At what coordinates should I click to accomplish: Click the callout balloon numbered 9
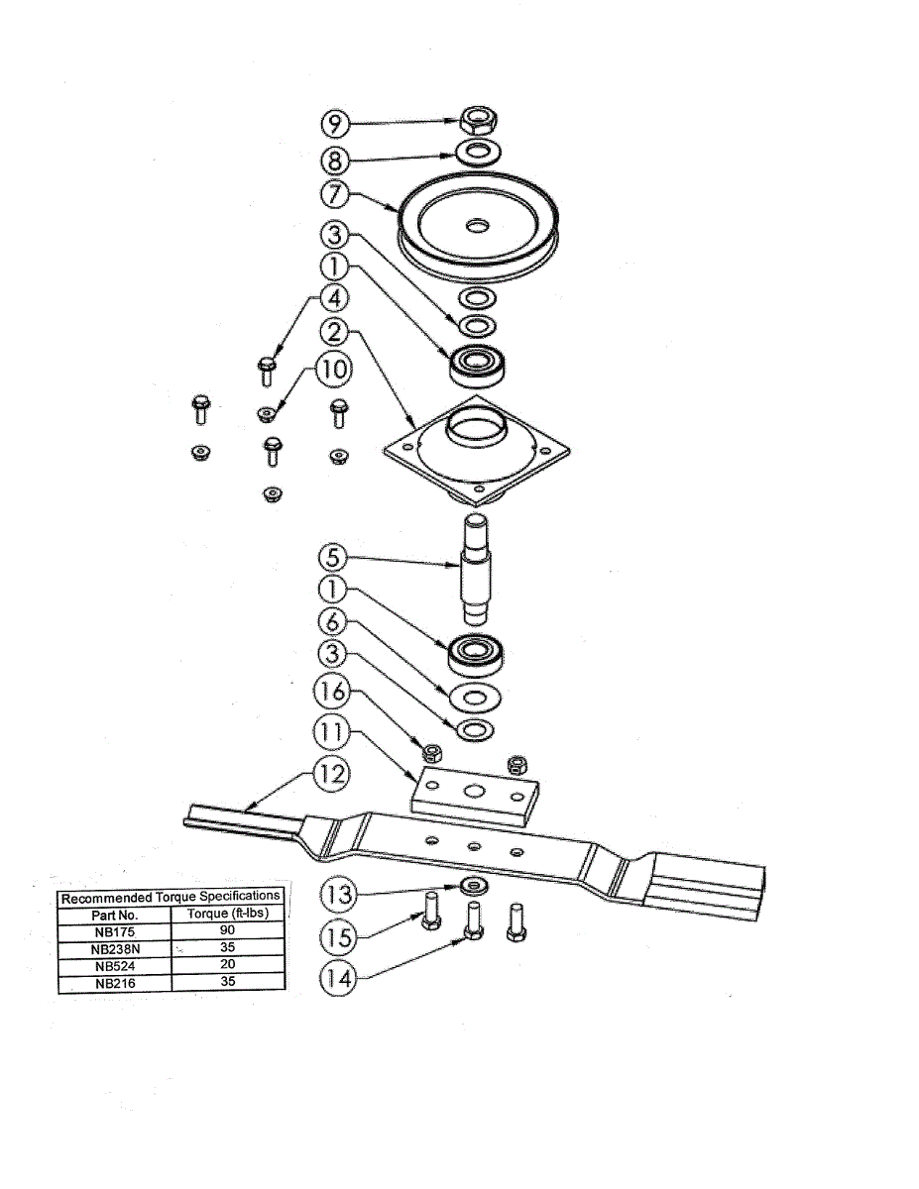pos(334,124)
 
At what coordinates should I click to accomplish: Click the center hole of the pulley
pos(479,227)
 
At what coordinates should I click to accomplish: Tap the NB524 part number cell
pos(114,966)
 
